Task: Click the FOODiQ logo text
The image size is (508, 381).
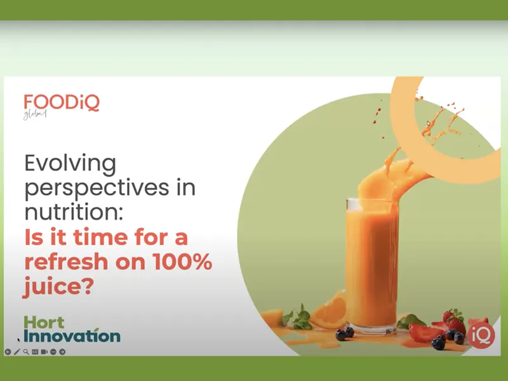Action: (x=62, y=103)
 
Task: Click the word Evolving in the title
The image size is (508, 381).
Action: (x=70, y=164)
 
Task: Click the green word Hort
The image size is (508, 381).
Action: (x=44, y=321)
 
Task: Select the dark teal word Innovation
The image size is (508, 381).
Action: (x=72, y=336)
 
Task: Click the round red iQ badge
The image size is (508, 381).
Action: (x=481, y=334)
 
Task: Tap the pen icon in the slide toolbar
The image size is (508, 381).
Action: (x=17, y=351)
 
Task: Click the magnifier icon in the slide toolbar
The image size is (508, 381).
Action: (x=26, y=351)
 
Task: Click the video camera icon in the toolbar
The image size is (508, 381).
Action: (x=44, y=351)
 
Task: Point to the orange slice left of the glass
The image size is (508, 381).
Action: (x=328, y=311)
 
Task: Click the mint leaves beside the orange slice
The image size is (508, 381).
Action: (x=298, y=316)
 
